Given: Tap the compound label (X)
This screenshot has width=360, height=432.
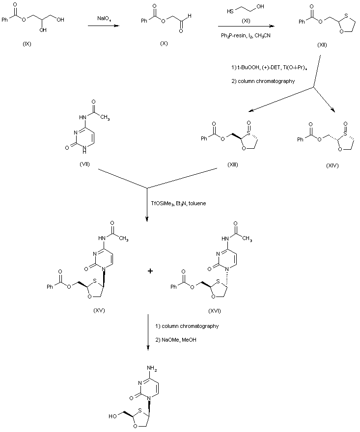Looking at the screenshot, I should (164, 44).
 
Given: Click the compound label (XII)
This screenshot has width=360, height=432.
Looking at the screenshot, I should (323, 44).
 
